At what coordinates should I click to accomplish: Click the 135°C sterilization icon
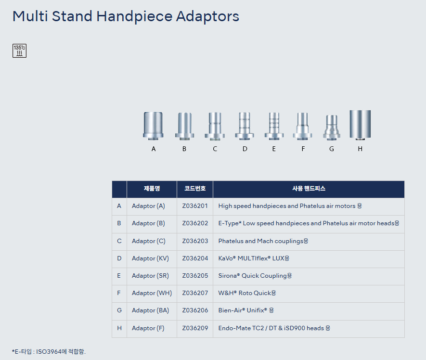pyautogui.click(x=20, y=51)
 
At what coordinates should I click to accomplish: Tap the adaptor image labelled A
pyautogui.click(x=153, y=126)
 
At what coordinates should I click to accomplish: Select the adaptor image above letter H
pyautogui.click(x=360, y=125)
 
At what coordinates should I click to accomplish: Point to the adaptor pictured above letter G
pyautogui.click(x=332, y=128)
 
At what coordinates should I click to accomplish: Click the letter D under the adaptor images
pyautogui.click(x=245, y=149)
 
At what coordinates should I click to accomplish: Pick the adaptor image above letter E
pyautogui.click(x=274, y=126)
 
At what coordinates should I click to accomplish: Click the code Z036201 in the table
pyautogui.click(x=195, y=206)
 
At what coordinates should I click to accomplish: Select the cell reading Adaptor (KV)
pyautogui.click(x=150, y=258)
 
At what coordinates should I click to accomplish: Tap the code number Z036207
pyautogui.click(x=195, y=293)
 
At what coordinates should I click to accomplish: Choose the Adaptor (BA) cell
pyautogui.click(x=150, y=310)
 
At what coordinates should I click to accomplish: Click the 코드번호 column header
pyautogui.click(x=195, y=188)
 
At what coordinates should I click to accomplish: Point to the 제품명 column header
pyautogui.click(x=152, y=188)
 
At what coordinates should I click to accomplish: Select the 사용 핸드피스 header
pyautogui.click(x=309, y=188)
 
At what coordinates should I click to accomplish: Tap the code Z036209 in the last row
pyautogui.click(x=195, y=328)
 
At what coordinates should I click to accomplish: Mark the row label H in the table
pyautogui.click(x=119, y=328)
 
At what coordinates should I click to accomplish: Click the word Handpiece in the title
pyautogui.click(x=134, y=16)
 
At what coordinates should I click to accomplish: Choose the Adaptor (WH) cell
pyautogui.click(x=152, y=293)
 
